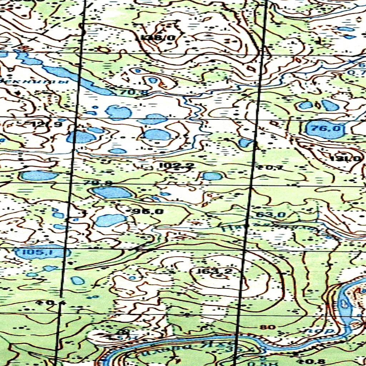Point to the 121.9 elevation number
pos(46,124)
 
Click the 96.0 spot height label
pos(148,211)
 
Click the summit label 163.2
pos(214,272)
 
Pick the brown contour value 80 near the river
pos(270,327)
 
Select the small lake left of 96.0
pos(110,220)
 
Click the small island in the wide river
pos(344,304)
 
